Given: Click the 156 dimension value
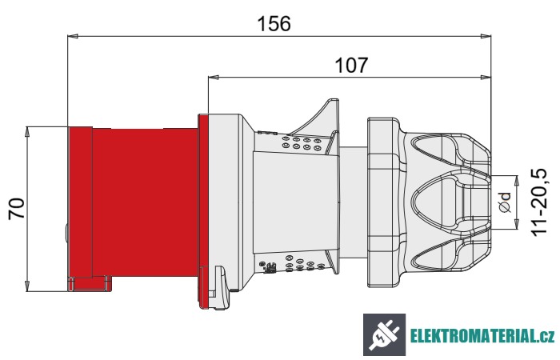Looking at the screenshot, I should [x=274, y=23].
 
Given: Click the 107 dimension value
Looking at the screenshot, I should [x=350, y=66].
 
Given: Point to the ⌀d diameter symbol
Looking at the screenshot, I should [x=504, y=202].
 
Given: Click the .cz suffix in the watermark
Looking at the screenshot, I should [x=544, y=335].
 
